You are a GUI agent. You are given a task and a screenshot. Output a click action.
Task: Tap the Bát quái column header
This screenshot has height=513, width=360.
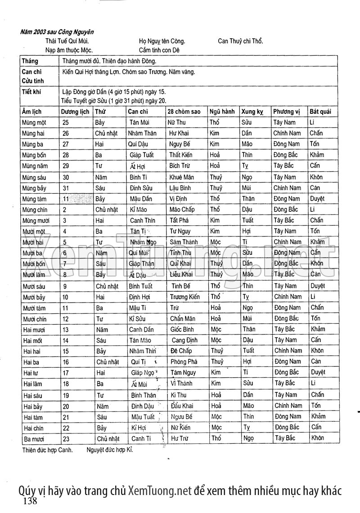pyautogui.click(x=320, y=112)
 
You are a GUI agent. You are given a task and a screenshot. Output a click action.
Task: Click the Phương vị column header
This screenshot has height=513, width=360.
pyautogui.click(x=286, y=112)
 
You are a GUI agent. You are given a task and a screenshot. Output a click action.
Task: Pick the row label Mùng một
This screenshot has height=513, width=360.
pyautogui.click(x=34, y=122)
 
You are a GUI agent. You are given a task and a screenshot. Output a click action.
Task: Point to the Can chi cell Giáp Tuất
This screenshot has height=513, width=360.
pyautogui.click(x=141, y=155)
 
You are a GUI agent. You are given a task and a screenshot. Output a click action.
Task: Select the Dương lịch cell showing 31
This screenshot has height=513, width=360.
pyautogui.click(x=66, y=188)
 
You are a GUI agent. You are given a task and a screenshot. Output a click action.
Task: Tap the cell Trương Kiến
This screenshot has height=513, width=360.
pyautogui.click(x=185, y=297)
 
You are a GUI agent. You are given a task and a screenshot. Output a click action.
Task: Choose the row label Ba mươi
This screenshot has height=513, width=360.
pyautogui.click(x=34, y=438)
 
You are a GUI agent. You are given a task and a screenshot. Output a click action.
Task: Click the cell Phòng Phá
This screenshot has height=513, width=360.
pyautogui.click(x=184, y=361)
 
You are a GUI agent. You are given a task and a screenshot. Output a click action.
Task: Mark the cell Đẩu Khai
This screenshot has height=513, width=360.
pyautogui.click(x=182, y=406)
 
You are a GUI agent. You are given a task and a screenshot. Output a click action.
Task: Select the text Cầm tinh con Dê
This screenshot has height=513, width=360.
pyautogui.click(x=159, y=50)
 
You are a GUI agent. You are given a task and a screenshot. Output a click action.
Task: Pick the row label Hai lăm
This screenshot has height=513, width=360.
pyautogui.click(x=33, y=384)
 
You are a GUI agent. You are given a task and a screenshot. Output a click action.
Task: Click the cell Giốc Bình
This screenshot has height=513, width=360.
pyautogui.click(x=182, y=329)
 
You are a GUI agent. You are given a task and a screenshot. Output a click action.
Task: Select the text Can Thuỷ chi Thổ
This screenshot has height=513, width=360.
pyautogui.click(x=240, y=41)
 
